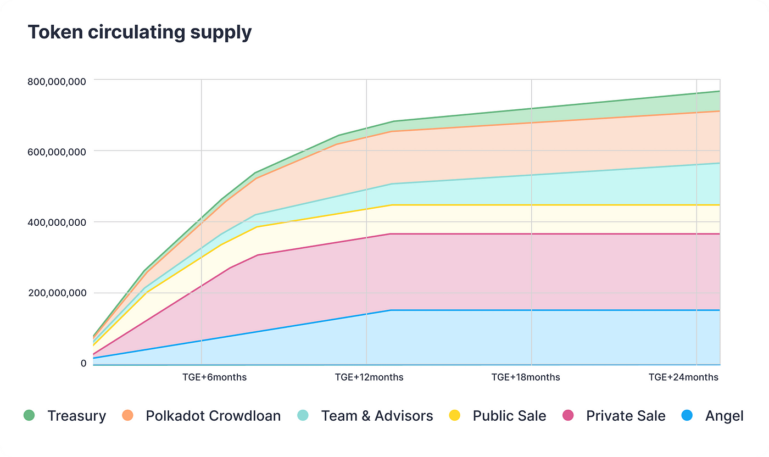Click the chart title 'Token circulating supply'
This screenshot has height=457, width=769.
(140, 32)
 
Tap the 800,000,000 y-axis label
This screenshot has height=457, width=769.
(57, 82)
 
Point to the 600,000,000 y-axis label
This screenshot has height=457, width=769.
(57, 152)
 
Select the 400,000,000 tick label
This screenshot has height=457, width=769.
(57, 222)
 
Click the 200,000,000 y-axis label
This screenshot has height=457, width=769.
(57, 293)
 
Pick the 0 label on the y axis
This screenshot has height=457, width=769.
(83, 363)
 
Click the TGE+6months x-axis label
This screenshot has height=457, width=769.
(214, 377)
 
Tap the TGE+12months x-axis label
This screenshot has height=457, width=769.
(369, 377)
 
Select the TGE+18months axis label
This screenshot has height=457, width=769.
(526, 377)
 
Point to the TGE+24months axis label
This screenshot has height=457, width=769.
(683, 377)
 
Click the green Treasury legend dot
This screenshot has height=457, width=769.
(29, 416)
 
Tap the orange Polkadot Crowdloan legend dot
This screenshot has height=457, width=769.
(128, 416)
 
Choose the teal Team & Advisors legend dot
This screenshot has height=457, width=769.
(303, 416)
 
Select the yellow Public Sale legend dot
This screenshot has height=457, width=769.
(455, 416)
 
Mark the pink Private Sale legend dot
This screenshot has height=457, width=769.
(568, 416)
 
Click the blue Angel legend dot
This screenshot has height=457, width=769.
(687, 416)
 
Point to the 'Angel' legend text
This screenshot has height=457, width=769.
(724, 416)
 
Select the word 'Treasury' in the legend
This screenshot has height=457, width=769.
(76, 416)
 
